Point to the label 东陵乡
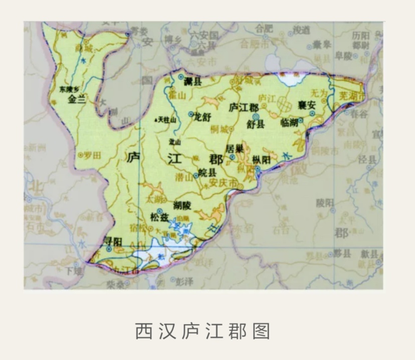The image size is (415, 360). pyautogui.click(x=70, y=90)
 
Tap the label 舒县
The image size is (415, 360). pyautogui.click(x=256, y=125)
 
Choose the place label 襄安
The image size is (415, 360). pyautogui.click(x=306, y=105)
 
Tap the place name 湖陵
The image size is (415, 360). pyautogui.click(x=182, y=205)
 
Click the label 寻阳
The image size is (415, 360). pyautogui.click(x=113, y=241)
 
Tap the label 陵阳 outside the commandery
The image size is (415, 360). pyautogui.click(x=325, y=202)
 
